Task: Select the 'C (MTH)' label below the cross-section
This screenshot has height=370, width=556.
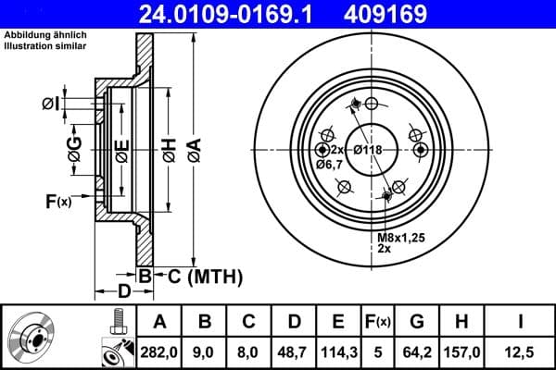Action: pyautogui.click(x=197, y=276)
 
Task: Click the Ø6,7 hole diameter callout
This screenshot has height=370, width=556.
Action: pyautogui.click(x=329, y=165)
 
